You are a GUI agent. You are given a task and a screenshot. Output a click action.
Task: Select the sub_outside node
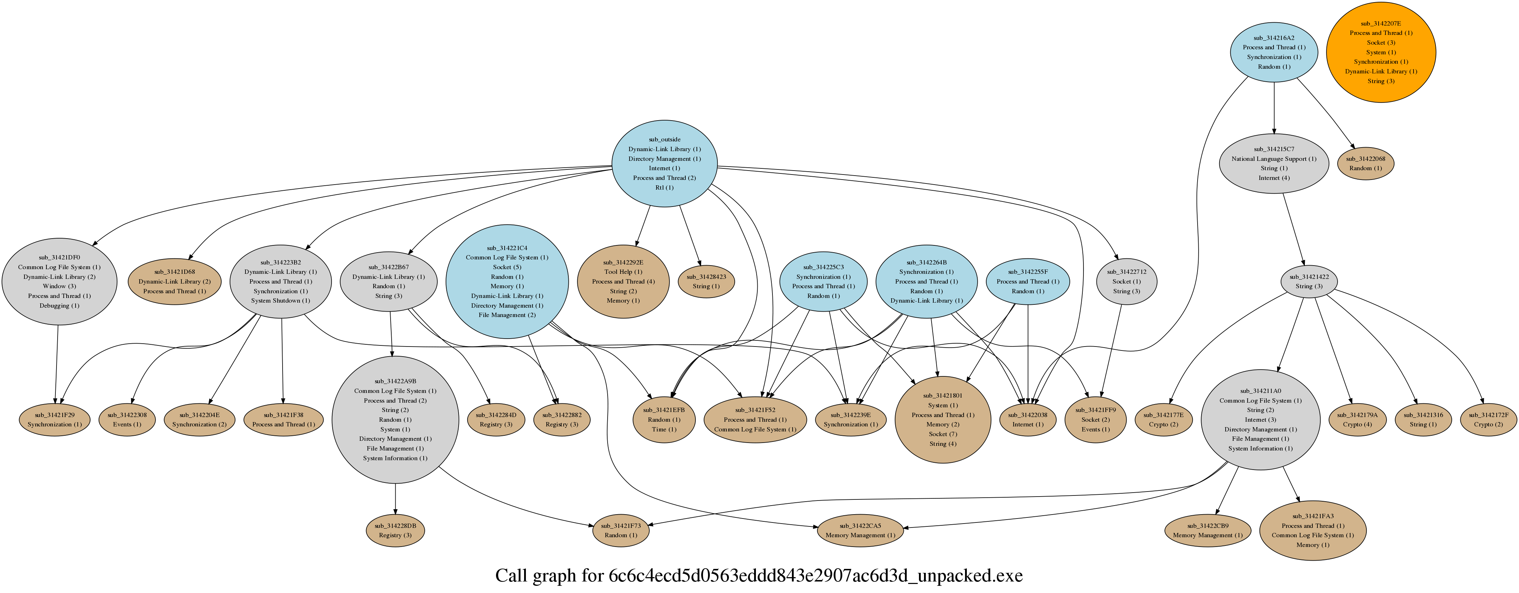coord(664,163)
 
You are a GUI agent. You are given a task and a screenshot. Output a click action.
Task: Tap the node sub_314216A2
coord(1274,52)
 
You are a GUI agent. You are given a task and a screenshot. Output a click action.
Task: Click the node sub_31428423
coord(706,281)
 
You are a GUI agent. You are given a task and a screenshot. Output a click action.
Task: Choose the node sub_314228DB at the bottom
coord(395,530)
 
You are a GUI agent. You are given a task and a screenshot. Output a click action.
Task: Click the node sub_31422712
coord(1126,281)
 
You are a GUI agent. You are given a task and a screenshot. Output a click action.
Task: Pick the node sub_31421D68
coord(175,281)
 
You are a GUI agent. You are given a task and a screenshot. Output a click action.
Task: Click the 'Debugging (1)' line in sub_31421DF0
coord(59,305)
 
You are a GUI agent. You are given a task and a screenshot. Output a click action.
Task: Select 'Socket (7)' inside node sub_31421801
coord(942,434)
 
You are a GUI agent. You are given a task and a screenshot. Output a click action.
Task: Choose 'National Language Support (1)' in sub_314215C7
coord(1274,159)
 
